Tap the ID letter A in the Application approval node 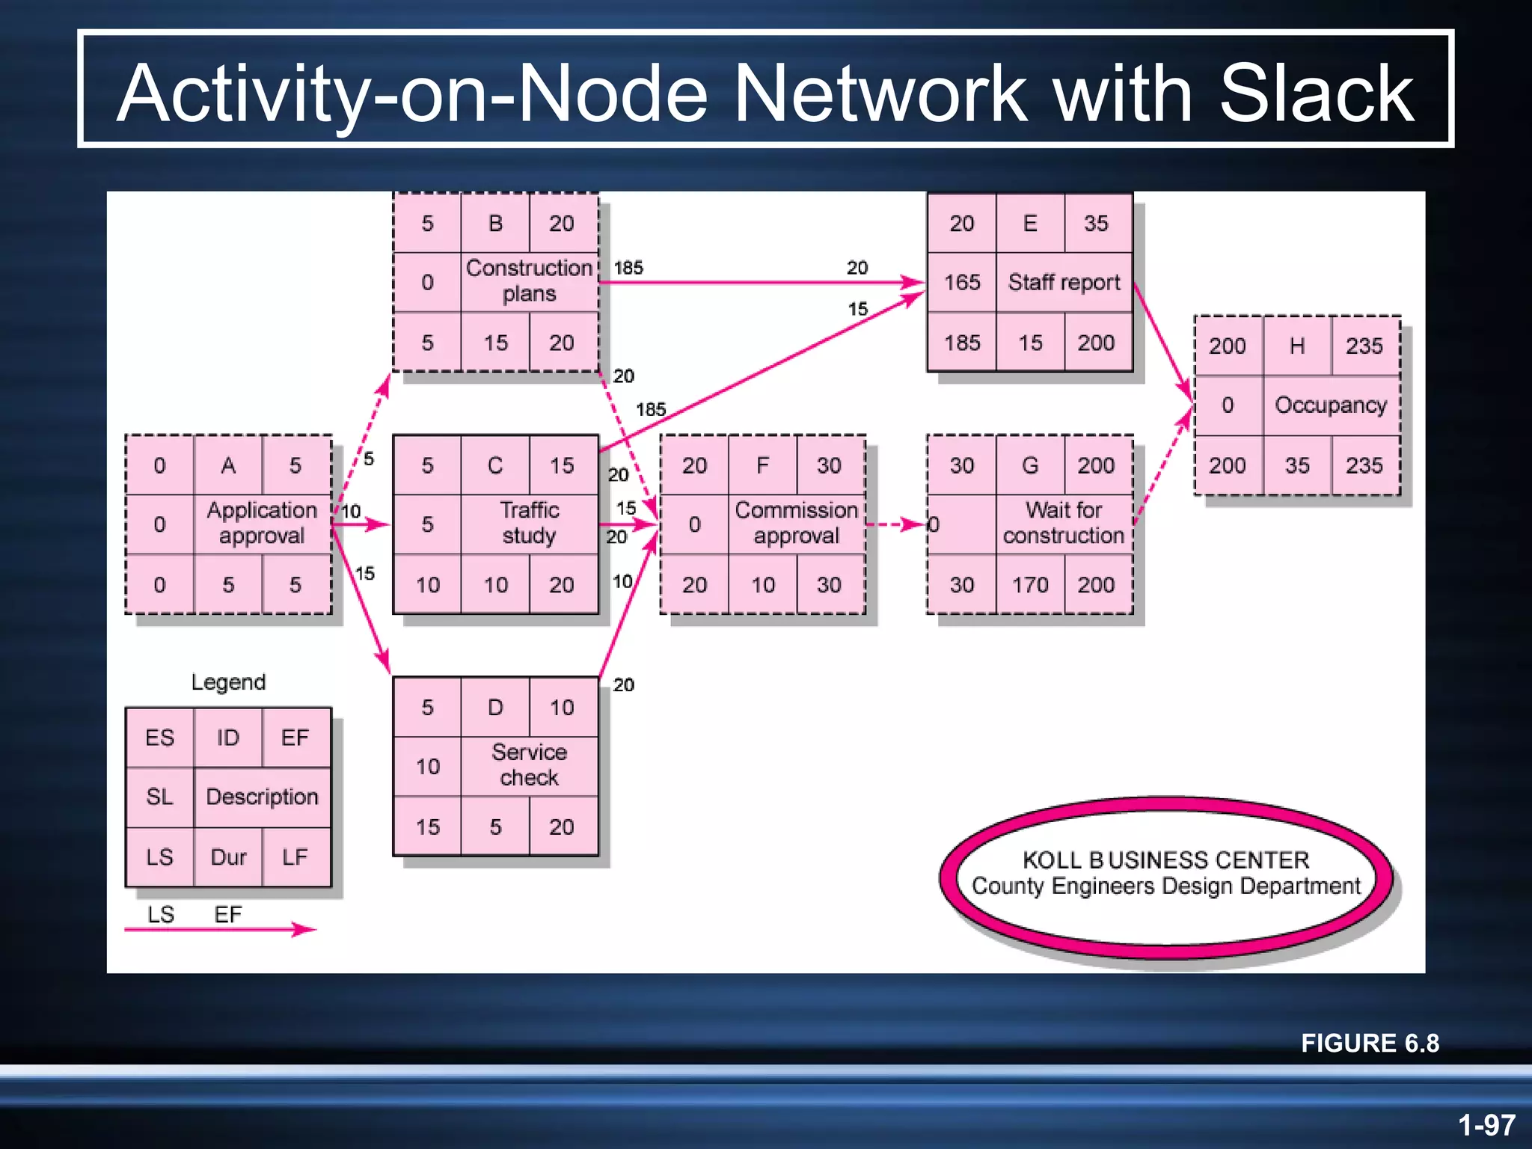pyautogui.click(x=228, y=465)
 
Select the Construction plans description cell pyautogui.click(x=529, y=281)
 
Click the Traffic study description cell pyautogui.click(x=529, y=523)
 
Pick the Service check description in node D pyautogui.click(x=529, y=765)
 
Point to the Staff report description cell pyautogui.click(x=1064, y=282)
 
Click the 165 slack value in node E pyautogui.click(x=962, y=282)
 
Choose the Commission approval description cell pyautogui.click(x=796, y=523)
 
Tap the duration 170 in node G pyautogui.click(x=1030, y=584)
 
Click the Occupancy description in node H pyautogui.click(x=1331, y=405)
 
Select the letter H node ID pyautogui.click(x=1297, y=346)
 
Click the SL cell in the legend pyautogui.click(x=159, y=797)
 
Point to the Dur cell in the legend pyautogui.click(x=228, y=857)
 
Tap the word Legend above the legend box pyautogui.click(x=228, y=681)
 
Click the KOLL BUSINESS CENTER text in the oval pyautogui.click(x=1165, y=860)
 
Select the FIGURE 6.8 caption pyautogui.click(x=1370, y=1043)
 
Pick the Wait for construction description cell pyautogui.click(x=1064, y=523)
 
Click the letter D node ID pyautogui.click(x=495, y=707)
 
